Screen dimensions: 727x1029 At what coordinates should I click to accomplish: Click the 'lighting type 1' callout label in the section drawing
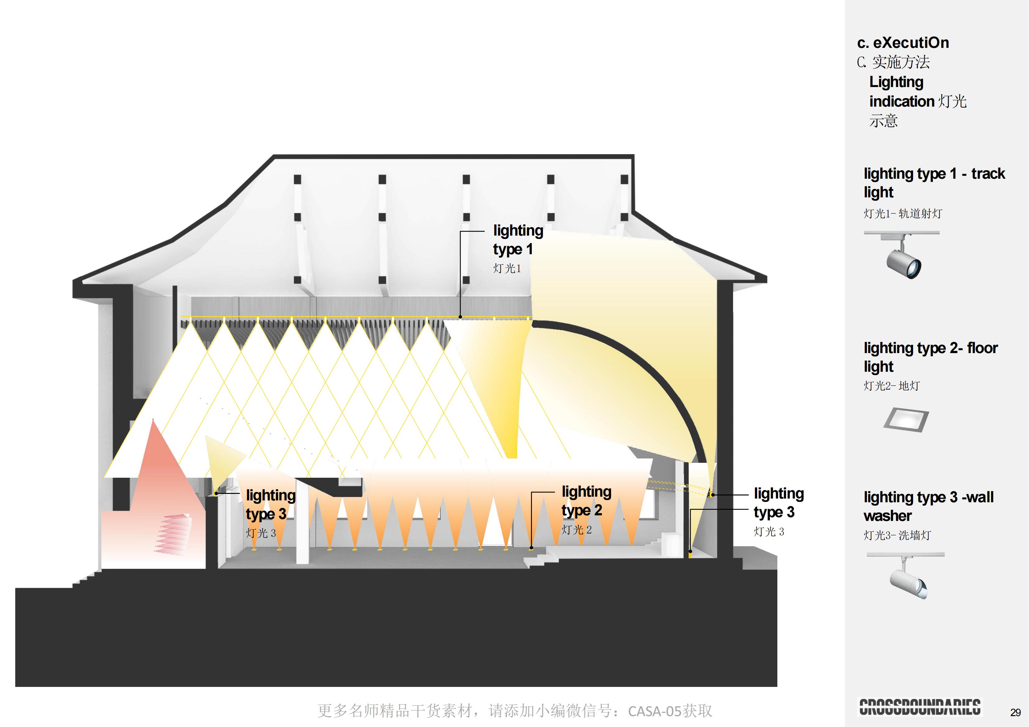(518, 240)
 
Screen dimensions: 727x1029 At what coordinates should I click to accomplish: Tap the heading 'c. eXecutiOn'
(903, 43)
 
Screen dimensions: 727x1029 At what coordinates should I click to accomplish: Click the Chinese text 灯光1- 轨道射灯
(903, 214)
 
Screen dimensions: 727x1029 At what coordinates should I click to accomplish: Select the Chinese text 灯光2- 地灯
(892, 386)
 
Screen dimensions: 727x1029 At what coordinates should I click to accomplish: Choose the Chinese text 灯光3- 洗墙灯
(897, 535)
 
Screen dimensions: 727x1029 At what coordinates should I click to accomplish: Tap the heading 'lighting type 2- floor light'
(930, 357)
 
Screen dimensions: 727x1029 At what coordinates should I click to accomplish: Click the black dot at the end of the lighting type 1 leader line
(460, 317)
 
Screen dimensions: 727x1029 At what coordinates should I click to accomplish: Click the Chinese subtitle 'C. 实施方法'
(893, 62)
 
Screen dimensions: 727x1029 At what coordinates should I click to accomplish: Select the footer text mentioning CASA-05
(514, 711)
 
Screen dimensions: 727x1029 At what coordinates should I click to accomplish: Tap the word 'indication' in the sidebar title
(901, 102)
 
